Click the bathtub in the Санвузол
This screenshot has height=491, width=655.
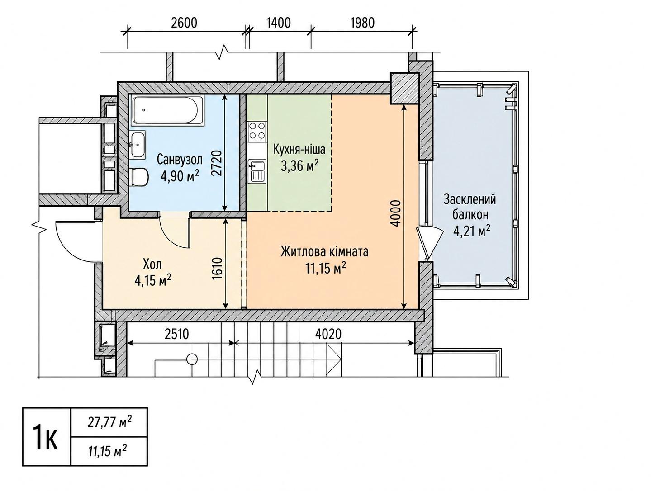pos(168,110)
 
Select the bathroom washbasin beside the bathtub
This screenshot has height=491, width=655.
pos(138,145)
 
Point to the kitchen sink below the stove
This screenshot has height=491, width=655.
pos(257,171)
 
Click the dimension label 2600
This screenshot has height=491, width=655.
pos(184,23)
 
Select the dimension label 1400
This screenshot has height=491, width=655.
pos(278,23)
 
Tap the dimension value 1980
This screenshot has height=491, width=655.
pos(362,23)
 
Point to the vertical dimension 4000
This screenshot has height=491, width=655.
pos(396,213)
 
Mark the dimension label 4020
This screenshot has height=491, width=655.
pos(328,334)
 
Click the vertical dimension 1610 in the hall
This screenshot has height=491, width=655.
pos(218,268)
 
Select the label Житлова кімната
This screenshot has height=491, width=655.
pos(325,252)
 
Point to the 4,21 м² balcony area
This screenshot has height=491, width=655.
pos(472,231)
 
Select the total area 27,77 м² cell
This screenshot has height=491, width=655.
pos(109,422)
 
